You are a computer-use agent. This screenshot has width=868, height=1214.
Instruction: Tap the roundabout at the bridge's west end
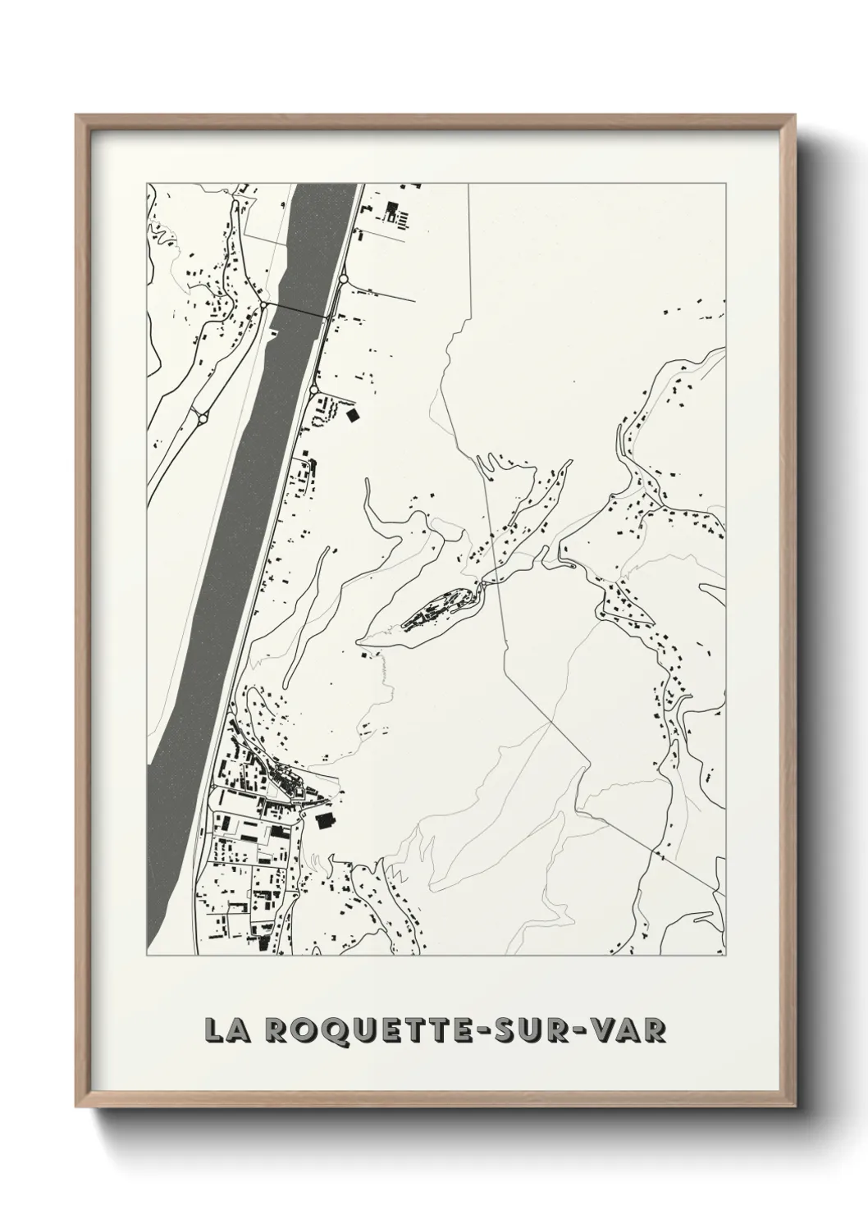[x=263, y=304]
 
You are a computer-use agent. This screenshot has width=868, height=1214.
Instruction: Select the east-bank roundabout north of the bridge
[x=342, y=280]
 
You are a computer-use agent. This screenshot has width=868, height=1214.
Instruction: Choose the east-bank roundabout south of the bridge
[x=314, y=389]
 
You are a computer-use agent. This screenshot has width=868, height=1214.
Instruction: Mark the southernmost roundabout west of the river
[x=202, y=418]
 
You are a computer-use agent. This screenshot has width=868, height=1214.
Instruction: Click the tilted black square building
[x=353, y=415]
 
